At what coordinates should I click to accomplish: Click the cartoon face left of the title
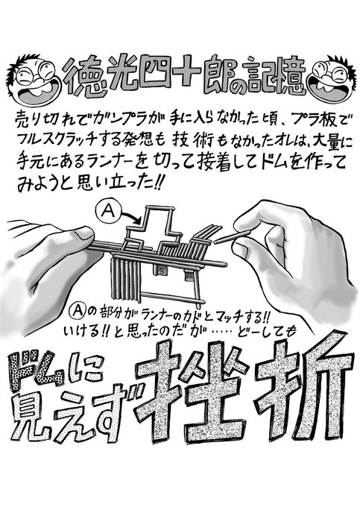[34, 80]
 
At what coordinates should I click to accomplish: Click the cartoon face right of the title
[331, 80]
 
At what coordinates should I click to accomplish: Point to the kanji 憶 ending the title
[288, 78]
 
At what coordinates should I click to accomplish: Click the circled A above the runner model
[107, 211]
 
